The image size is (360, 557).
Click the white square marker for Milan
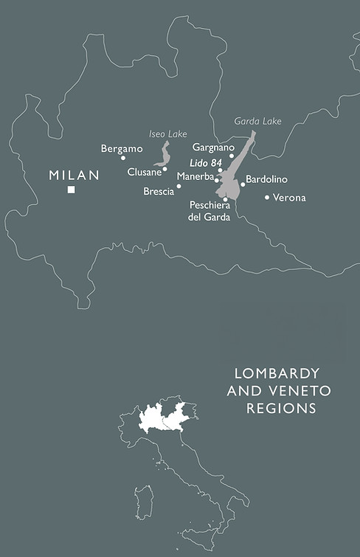tap(72, 190)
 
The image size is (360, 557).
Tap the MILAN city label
tap(74, 175)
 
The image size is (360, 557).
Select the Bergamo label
tap(122, 148)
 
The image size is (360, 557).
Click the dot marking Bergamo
tap(123, 158)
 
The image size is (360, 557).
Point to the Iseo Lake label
tap(167, 134)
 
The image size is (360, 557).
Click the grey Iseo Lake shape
tap(164, 156)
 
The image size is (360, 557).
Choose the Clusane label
tap(144, 171)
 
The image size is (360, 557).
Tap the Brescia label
tap(159, 191)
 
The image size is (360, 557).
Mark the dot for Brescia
tap(179, 186)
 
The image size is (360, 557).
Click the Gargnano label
tap(213, 147)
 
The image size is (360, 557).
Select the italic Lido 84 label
tap(206, 162)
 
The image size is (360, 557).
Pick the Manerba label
tap(195, 176)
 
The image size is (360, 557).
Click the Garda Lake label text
tap(253, 120)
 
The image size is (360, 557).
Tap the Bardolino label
tap(266, 179)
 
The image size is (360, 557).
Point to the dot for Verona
tap(267, 197)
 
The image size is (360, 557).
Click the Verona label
tap(289, 198)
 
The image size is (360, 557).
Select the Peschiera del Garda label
tap(210, 211)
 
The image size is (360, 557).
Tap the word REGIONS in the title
tap(281, 408)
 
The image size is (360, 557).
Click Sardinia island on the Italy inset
tap(144, 502)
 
